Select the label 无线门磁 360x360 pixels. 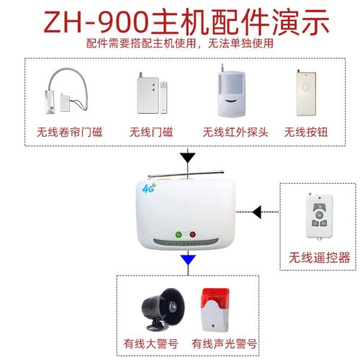pyautogui.click(x=152, y=132)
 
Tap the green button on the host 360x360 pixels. pyautogui.click(x=178, y=234)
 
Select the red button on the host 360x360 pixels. pyautogui.click(x=192, y=234)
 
